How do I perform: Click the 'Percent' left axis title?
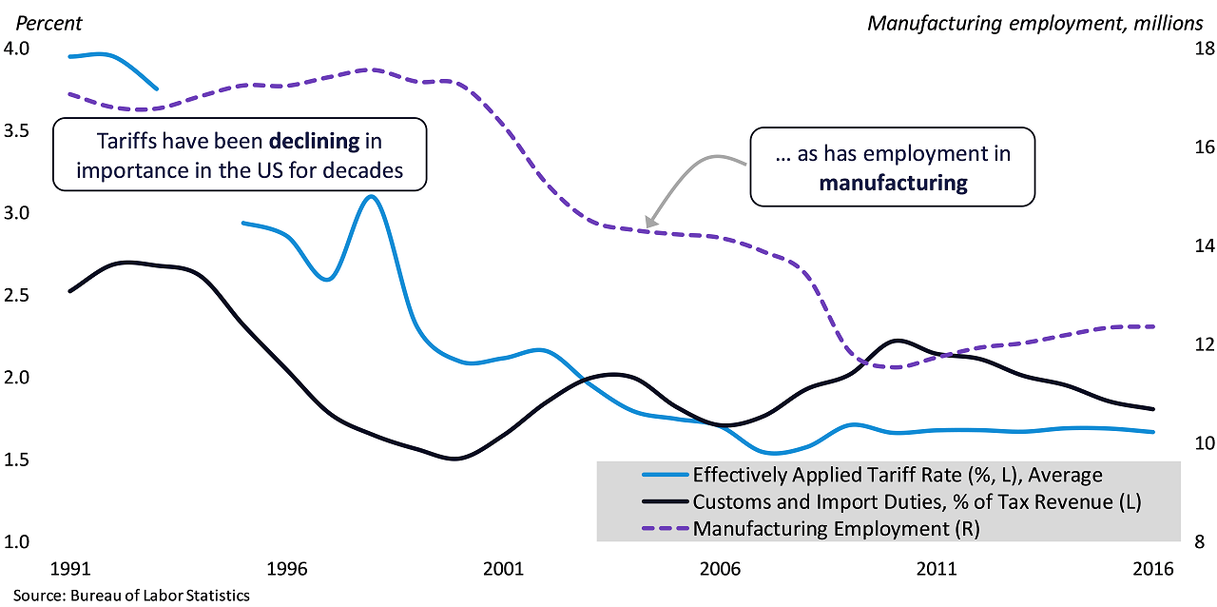44,23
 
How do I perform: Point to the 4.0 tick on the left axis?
17,48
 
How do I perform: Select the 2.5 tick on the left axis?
17,295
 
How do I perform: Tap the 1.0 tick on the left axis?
17,542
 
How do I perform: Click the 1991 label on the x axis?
70,569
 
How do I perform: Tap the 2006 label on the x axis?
720,569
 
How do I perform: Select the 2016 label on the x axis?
1153,569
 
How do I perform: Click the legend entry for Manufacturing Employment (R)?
836,528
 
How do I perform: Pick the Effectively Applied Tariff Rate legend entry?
898,474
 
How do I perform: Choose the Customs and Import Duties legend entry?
917,501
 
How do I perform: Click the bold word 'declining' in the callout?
315,142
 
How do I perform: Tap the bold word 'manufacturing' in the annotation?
893,182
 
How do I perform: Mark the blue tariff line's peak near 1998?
372,196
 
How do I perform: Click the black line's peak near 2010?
898,340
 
